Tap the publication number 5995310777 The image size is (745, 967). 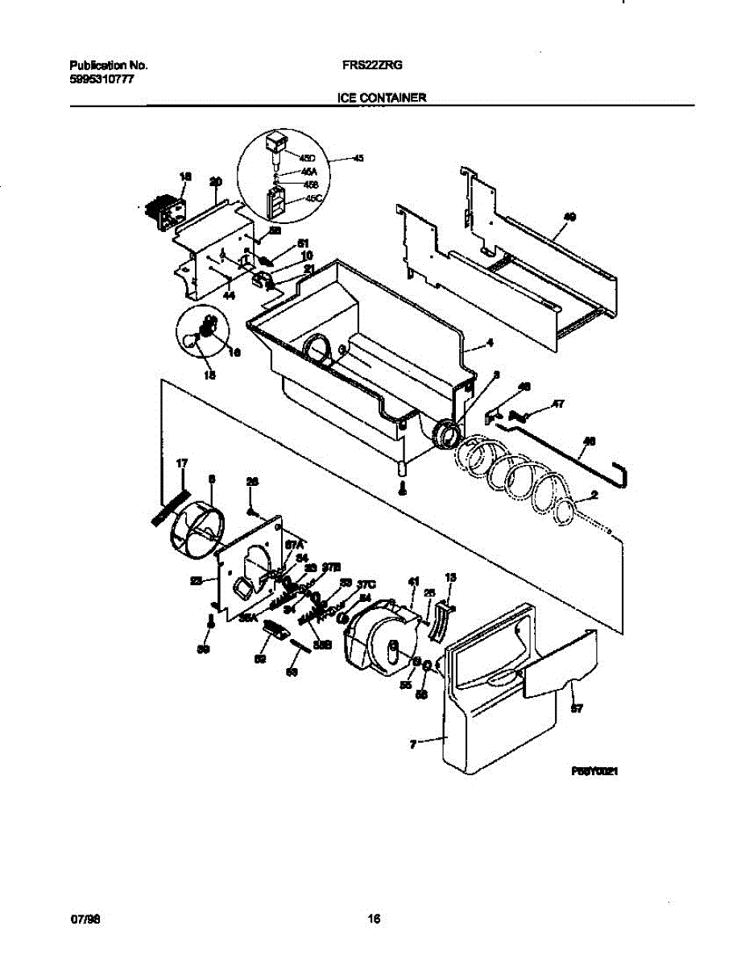pos(98,79)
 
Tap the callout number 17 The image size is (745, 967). pos(181,463)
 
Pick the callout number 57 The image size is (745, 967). pos(577,709)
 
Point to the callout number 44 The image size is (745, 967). pos(229,297)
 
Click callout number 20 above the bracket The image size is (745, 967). pos(215,181)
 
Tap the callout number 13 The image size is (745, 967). pos(450,577)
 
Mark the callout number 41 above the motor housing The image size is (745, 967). pos(414,581)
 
